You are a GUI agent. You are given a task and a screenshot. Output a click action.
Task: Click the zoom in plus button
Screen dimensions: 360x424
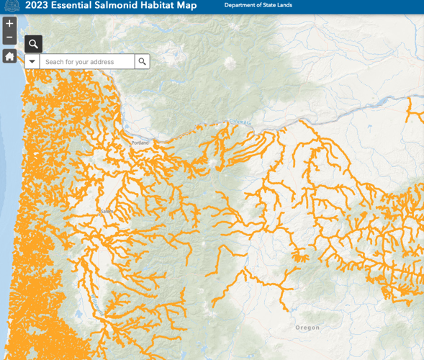click(x=9, y=23)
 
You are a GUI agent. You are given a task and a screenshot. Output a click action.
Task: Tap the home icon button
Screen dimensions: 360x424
click(x=9, y=56)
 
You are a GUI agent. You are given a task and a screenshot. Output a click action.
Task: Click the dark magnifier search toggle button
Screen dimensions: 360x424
click(x=33, y=44)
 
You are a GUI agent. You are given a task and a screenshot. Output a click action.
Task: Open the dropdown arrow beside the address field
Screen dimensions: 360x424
click(x=32, y=62)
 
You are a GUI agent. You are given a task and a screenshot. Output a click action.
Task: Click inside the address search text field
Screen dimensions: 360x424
click(x=86, y=62)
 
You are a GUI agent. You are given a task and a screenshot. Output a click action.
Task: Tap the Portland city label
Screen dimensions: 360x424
click(x=140, y=143)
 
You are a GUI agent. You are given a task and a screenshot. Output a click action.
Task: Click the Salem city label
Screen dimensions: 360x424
click(x=107, y=211)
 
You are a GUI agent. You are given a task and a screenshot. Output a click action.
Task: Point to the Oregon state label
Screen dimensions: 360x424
click(x=307, y=328)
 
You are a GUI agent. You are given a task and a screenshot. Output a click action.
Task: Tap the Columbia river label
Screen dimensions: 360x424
click(x=239, y=122)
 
